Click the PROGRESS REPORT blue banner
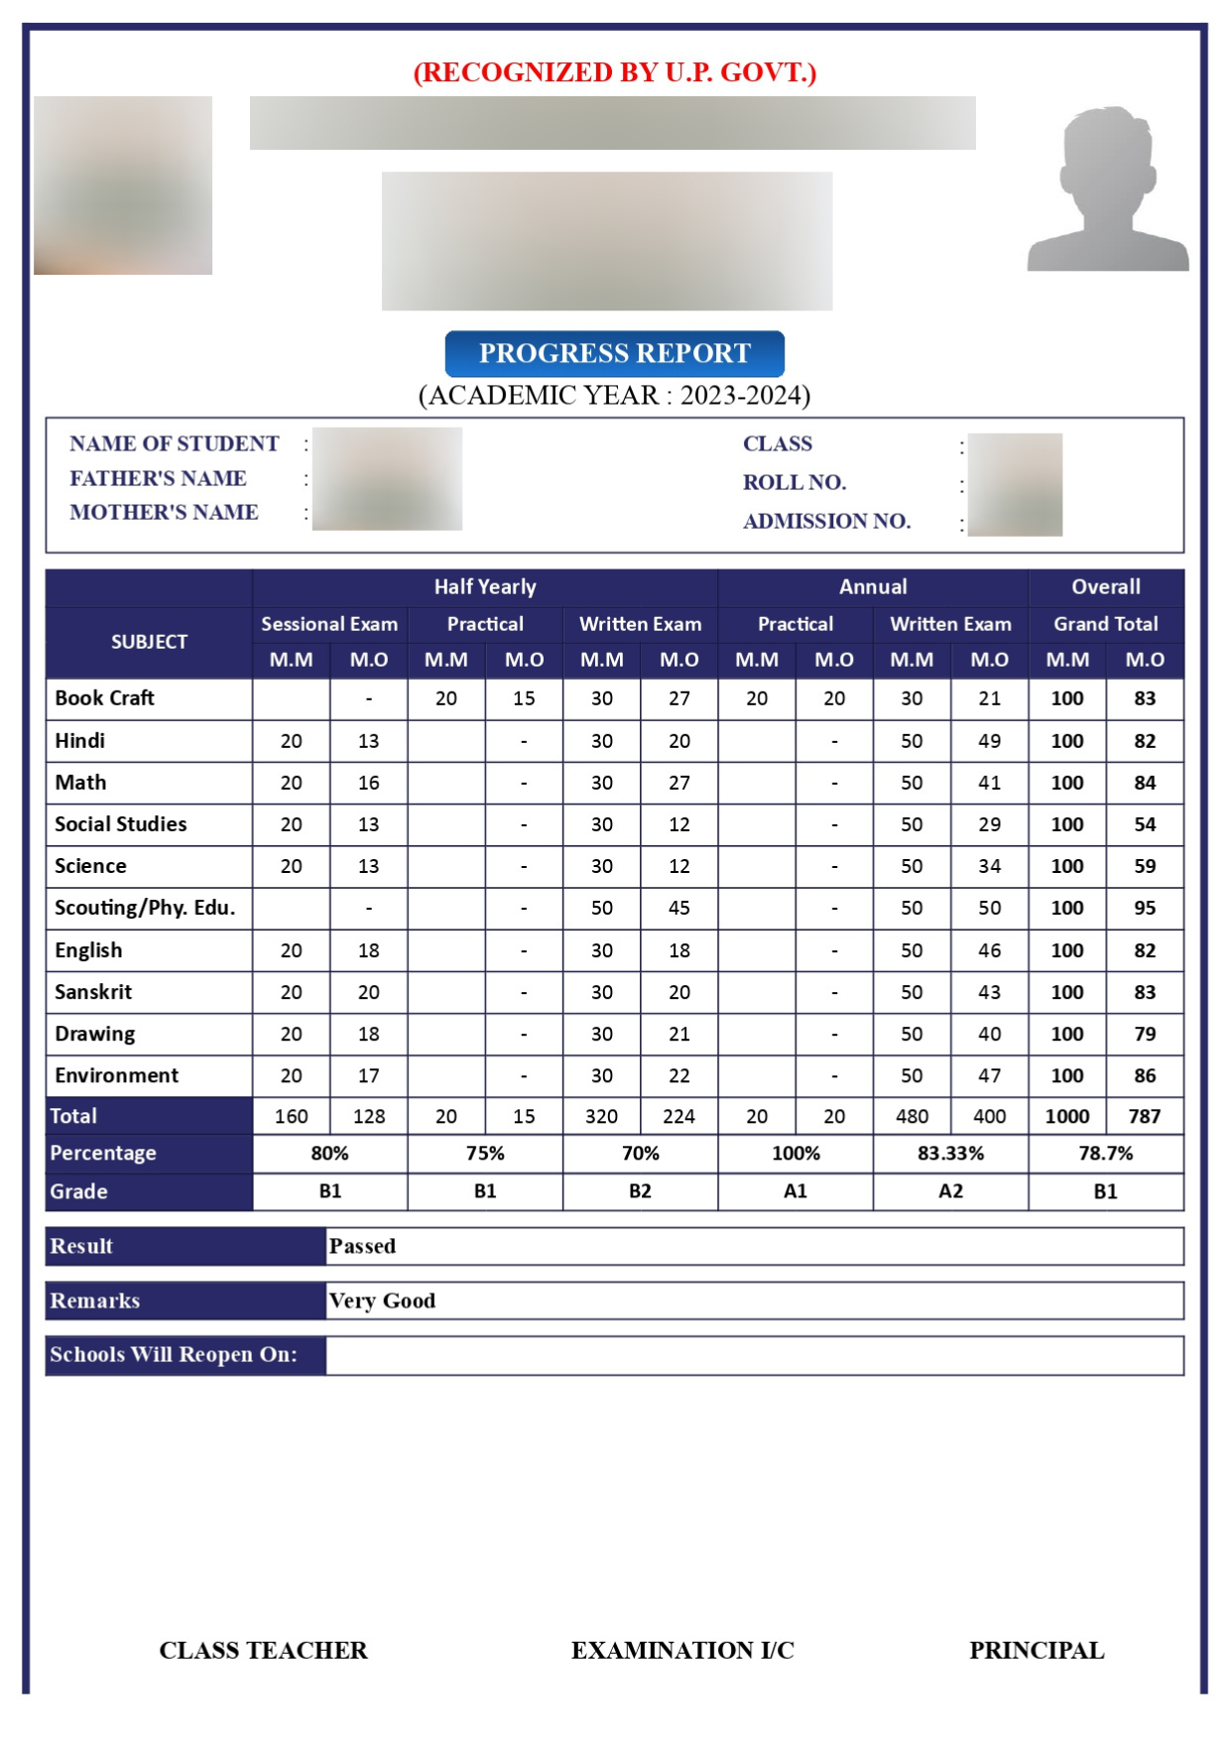pyautogui.click(x=614, y=353)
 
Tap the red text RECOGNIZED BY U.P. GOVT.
pyautogui.click(x=614, y=72)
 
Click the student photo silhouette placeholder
pyautogui.click(x=1108, y=189)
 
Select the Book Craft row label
pyautogui.click(x=105, y=698)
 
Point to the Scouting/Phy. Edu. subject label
pyautogui.click(x=145, y=908)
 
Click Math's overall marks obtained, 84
pyautogui.click(x=1145, y=783)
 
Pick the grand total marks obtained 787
pyautogui.click(x=1145, y=1116)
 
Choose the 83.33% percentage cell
pyautogui.click(x=950, y=1153)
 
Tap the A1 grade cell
pyautogui.click(x=796, y=1191)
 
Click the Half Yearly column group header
pyautogui.click(x=485, y=587)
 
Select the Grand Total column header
pyautogui.click(x=1106, y=624)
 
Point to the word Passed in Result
pyautogui.click(x=362, y=1246)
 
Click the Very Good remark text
pyautogui.click(x=382, y=1301)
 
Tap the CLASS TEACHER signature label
pyautogui.click(x=263, y=1650)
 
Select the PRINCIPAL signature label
pyautogui.click(x=1037, y=1650)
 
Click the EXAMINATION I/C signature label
pyautogui.click(x=682, y=1650)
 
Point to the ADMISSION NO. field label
pyautogui.click(x=826, y=521)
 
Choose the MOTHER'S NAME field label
pyautogui.click(x=164, y=512)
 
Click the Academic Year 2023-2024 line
pyautogui.click(x=614, y=395)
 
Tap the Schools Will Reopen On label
pyautogui.click(x=174, y=1355)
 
